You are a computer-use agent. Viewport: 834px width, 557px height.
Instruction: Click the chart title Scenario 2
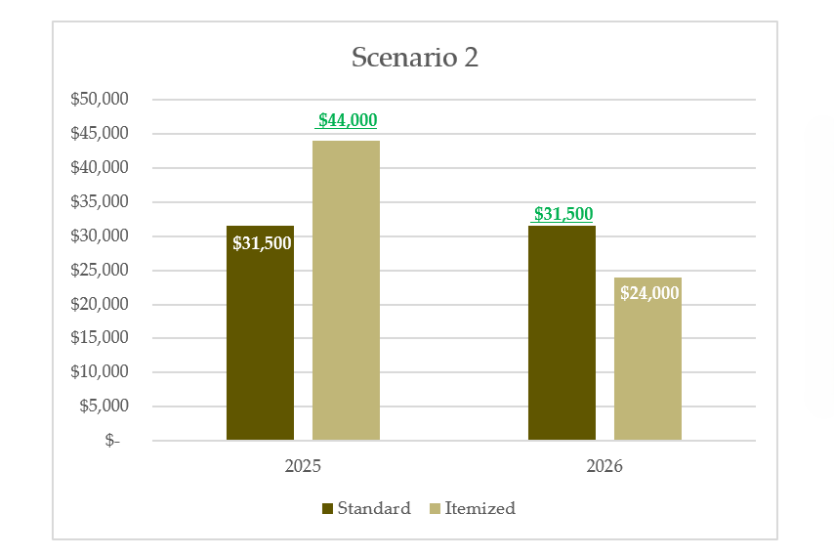coord(415,57)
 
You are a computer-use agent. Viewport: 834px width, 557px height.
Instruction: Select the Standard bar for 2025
coord(260,342)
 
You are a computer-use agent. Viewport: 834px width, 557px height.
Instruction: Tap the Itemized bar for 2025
coord(346,293)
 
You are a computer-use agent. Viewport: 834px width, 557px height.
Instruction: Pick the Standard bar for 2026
coord(562,342)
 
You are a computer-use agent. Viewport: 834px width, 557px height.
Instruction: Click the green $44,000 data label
coord(348,120)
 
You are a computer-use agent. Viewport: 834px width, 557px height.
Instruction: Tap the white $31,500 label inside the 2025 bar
coord(262,242)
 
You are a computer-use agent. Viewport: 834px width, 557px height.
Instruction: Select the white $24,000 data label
coord(649,292)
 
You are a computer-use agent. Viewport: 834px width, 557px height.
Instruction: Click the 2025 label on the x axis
coord(303,466)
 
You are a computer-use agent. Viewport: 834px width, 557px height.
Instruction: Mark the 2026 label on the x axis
coord(605,466)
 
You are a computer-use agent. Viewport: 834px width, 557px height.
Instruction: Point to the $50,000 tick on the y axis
coord(101,99)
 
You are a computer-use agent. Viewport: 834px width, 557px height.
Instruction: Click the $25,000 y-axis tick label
coord(101,270)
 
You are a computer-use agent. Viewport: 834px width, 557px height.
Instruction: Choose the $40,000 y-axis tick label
coord(101,167)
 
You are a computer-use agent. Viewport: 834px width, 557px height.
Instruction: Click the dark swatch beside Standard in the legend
coord(327,508)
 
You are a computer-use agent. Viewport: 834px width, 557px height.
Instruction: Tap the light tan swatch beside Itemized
coord(435,508)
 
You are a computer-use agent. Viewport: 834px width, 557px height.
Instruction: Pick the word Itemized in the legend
coord(480,508)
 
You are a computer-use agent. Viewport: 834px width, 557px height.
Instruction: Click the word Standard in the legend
coord(374,508)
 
